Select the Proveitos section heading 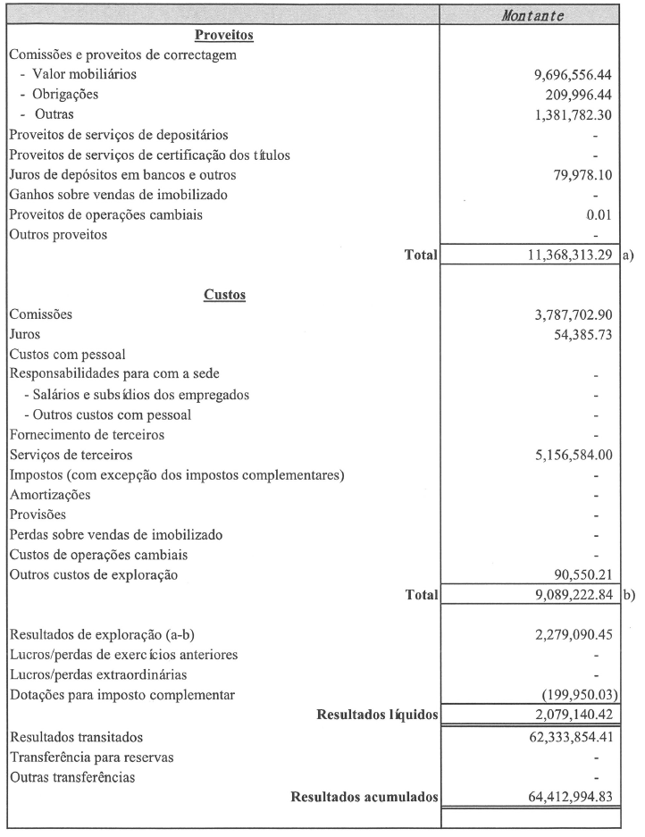point(224,36)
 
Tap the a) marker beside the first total point(627,255)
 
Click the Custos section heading point(224,295)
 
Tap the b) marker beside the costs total point(627,595)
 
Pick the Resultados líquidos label point(377,715)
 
